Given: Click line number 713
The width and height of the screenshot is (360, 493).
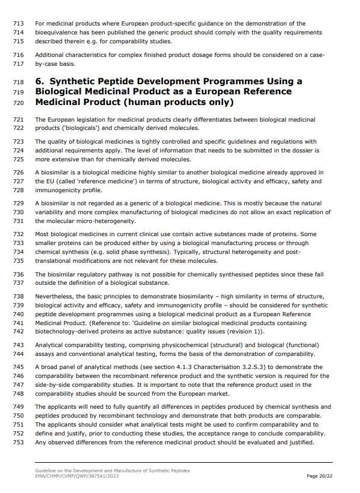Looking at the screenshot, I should click(x=18, y=24).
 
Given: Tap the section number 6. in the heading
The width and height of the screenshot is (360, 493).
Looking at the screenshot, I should click(x=41, y=81).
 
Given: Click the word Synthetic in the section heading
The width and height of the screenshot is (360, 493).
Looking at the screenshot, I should click(x=78, y=81).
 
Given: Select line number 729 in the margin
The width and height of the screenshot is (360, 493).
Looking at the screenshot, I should click(x=18, y=203).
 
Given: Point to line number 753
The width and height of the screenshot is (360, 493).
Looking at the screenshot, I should click(x=18, y=442).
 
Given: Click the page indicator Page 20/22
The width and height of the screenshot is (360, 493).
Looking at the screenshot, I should click(x=320, y=476).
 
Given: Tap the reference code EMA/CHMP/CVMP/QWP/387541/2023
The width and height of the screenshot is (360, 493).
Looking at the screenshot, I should click(x=77, y=476).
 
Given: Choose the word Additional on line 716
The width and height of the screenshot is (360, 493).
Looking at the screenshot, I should click(x=50, y=55).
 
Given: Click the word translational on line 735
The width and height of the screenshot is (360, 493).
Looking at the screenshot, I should click(x=55, y=260).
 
